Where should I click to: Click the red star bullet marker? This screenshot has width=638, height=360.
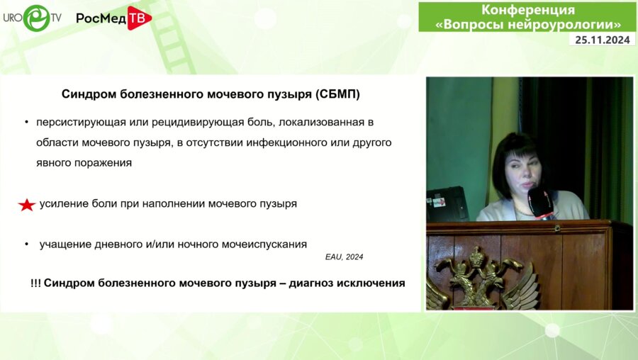(x=26, y=205)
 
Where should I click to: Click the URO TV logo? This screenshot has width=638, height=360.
(x=33, y=17)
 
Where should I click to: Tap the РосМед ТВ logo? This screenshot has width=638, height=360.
(x=113, y=18)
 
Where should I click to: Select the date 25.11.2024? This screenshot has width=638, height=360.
(x=602, y=40)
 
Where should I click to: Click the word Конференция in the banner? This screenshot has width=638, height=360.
(x=528, y=10)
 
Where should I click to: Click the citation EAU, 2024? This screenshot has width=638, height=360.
(x=344, y=257)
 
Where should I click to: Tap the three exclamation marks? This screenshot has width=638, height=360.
(x=35, y=283)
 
